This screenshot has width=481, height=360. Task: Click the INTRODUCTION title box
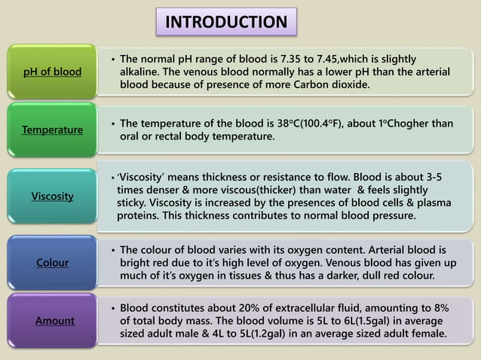(x=226, y=22)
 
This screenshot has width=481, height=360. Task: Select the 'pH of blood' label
(x=52, y=72)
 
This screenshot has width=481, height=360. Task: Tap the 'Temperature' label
(x=52, y=130)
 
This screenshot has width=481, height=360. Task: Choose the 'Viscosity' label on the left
(x=52, y=196)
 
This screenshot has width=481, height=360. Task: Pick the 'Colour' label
(x=52, y=263)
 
